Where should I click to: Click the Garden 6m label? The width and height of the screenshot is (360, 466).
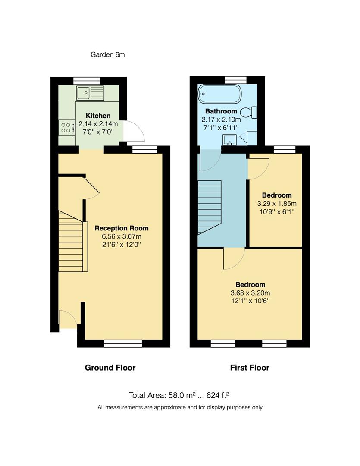107,54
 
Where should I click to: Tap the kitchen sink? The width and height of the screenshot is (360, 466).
90,93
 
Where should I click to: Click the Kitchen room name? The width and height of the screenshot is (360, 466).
98,116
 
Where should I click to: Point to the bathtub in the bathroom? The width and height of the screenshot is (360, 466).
219,94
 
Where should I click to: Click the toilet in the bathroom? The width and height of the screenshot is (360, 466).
249,113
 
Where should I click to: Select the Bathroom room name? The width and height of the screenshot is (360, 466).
221,111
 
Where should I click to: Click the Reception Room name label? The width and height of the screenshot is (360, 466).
121,228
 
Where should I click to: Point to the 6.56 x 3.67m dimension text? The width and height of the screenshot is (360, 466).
121,236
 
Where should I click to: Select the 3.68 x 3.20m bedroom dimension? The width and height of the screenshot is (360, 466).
250,293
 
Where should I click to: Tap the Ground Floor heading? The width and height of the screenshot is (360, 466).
110,368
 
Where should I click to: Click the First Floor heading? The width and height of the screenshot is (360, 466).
250,368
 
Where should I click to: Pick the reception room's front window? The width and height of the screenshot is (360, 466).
123,343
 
